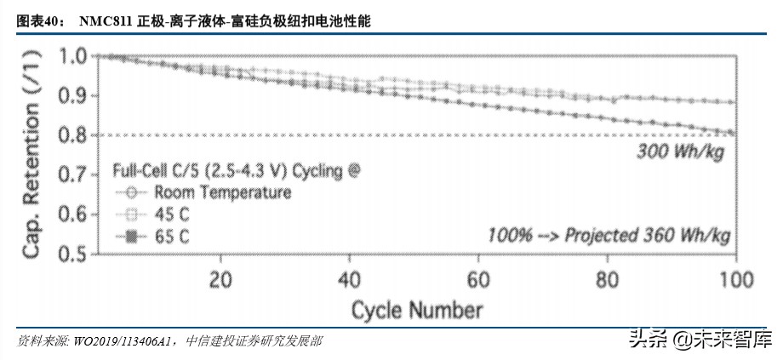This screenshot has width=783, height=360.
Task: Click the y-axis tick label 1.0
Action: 73,57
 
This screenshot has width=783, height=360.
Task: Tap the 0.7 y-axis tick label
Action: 73,174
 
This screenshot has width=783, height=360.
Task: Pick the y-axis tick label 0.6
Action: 73,214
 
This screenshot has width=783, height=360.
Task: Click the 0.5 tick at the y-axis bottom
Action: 73,253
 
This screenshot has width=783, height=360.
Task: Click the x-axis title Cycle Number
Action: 417,307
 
